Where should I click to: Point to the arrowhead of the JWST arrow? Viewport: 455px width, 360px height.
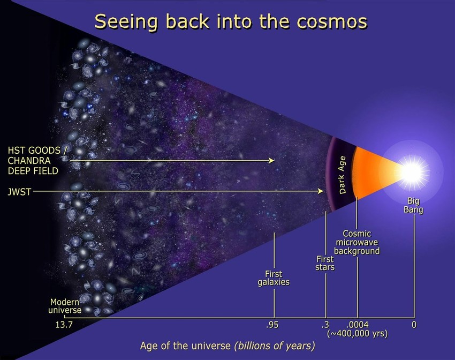tap(322, 191)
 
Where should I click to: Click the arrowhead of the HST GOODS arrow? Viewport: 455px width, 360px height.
tap(272, 160)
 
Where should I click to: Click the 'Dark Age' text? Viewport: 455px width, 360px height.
tap(343, 174)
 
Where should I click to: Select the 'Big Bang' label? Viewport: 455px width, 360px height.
tap(413, 206)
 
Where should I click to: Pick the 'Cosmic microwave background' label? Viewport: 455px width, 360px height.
tap(357, 242)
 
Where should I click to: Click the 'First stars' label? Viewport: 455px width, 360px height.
tap(325, 262)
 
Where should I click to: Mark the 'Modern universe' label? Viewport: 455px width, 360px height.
tap(65, 305)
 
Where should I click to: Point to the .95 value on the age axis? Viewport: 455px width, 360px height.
tap(272, 325)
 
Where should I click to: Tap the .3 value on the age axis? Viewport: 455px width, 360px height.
tap(325, 325)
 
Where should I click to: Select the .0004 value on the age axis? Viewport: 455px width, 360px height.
tap(357, 325)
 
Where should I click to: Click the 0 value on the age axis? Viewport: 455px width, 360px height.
tap(414, 325)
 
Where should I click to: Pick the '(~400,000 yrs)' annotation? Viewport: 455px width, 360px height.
tap(357, 333)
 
